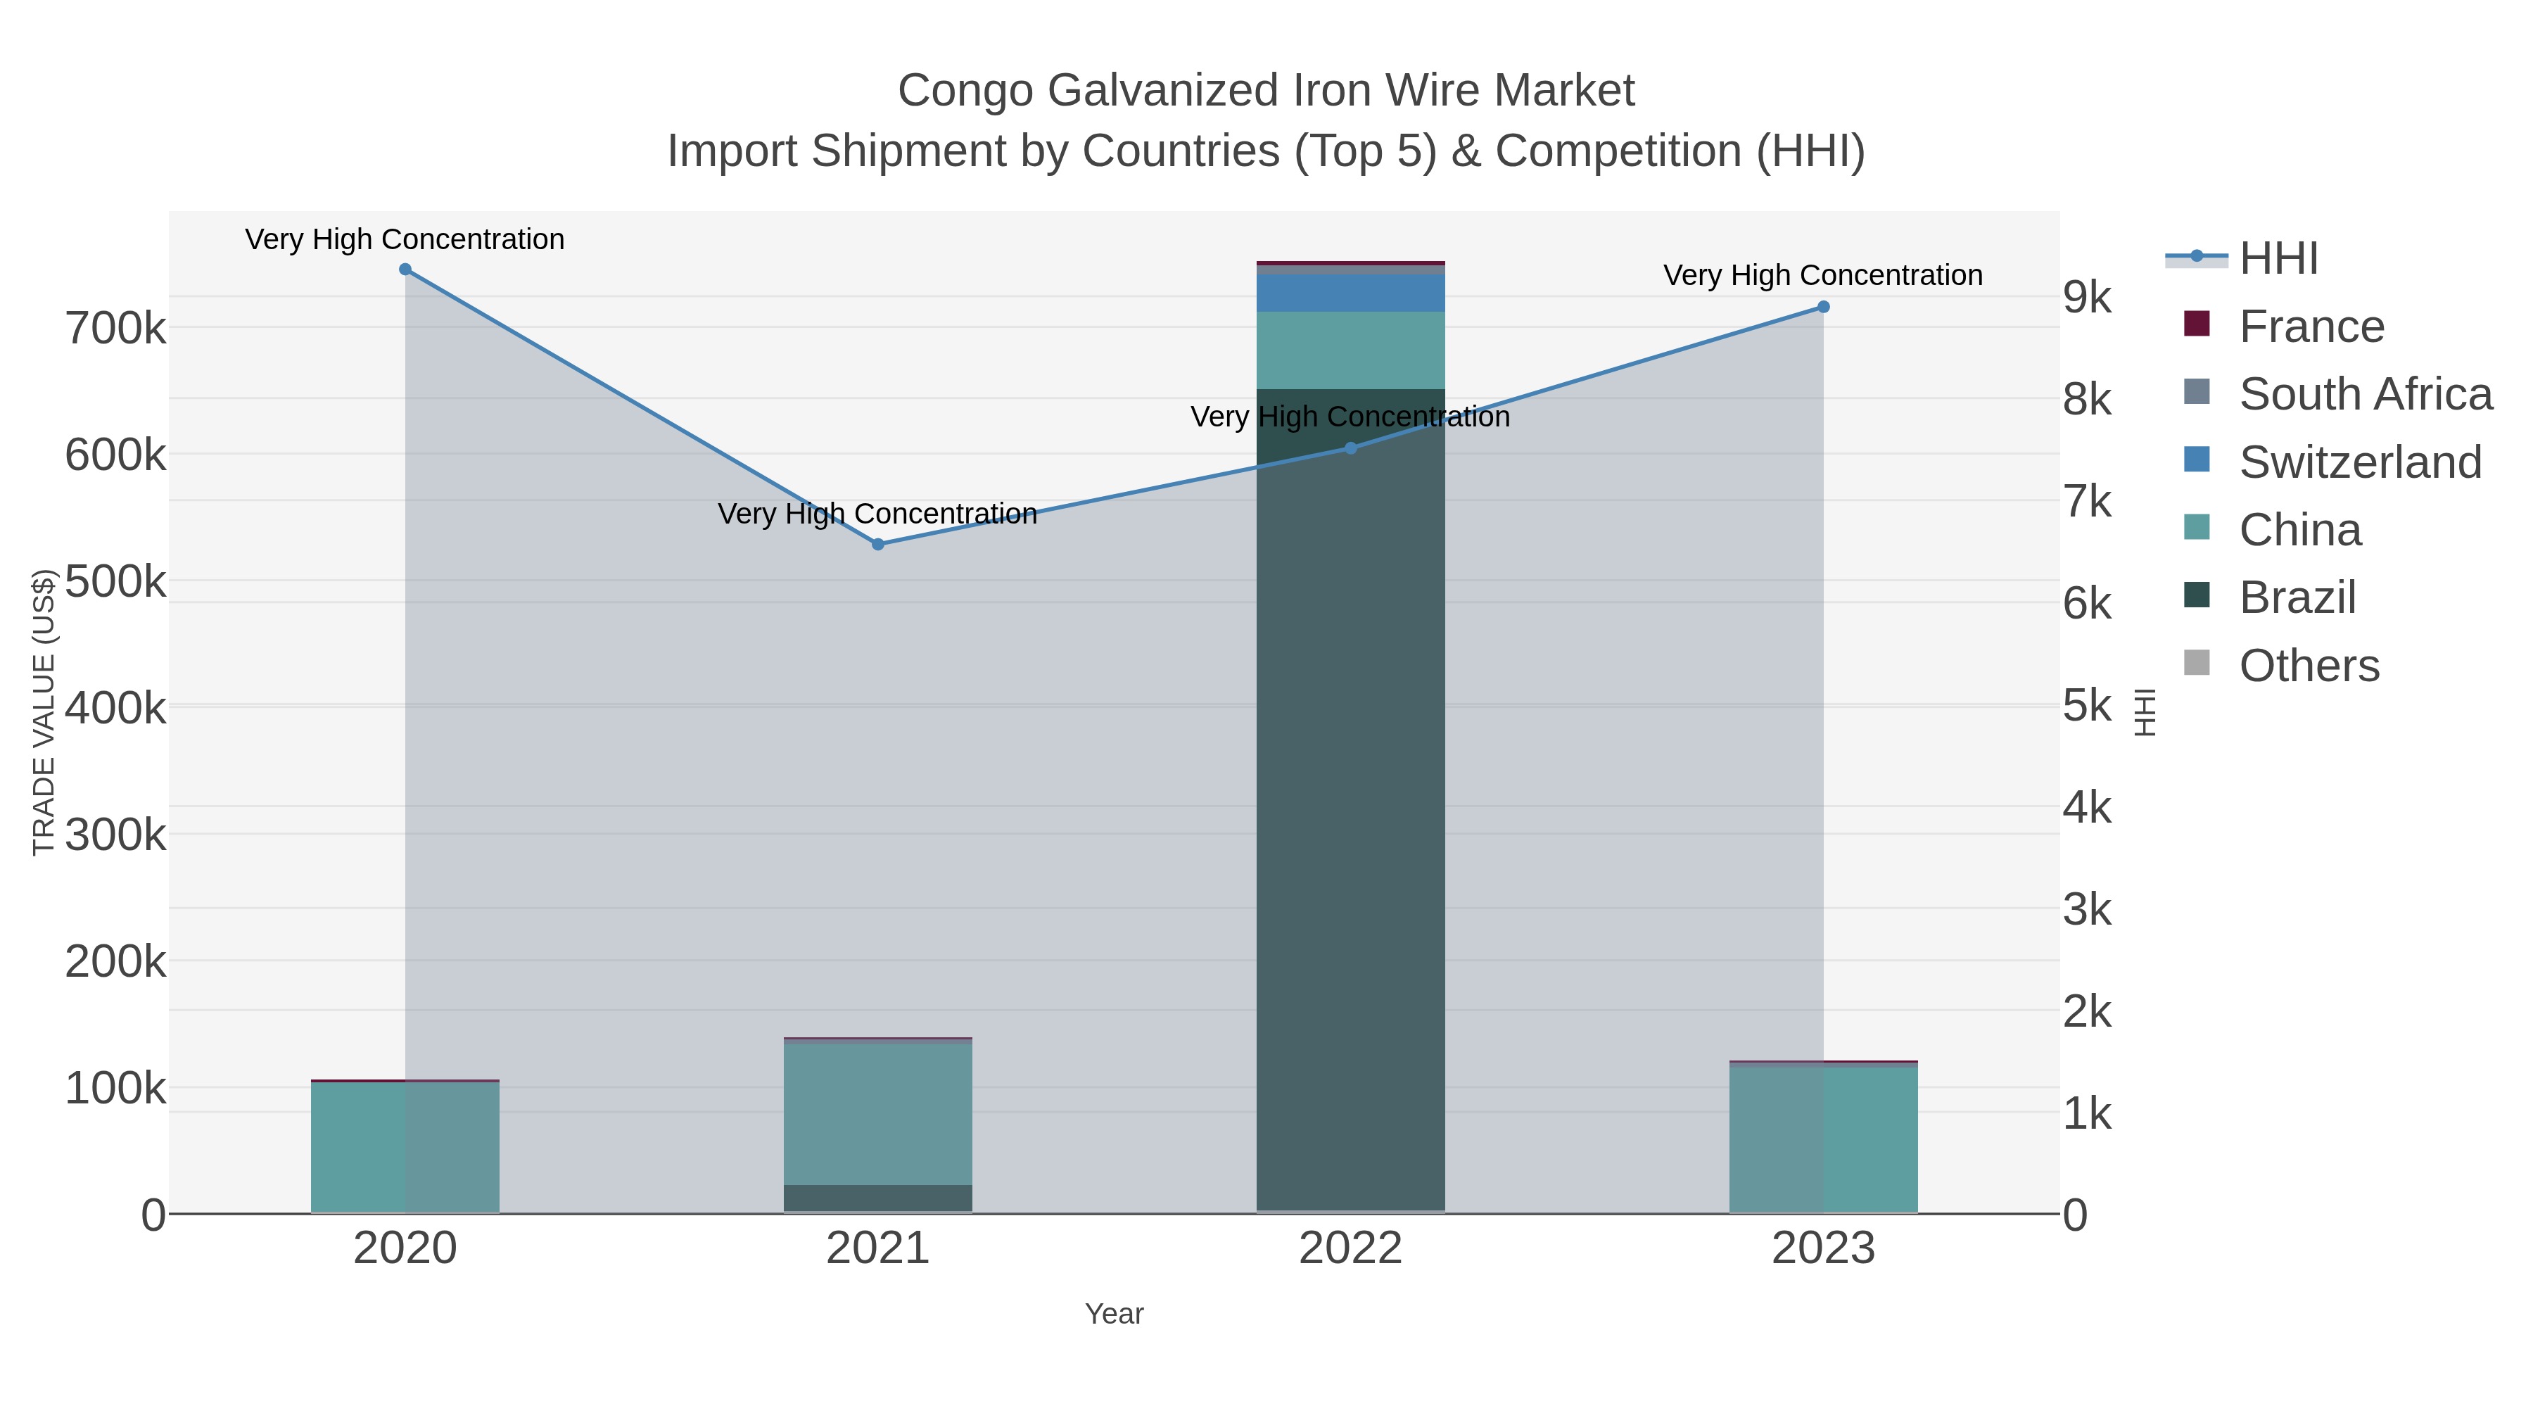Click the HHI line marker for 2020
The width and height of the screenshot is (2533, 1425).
point(405,270)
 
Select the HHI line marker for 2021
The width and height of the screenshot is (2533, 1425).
point(878,544)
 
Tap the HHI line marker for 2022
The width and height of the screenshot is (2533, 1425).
point(1350,448)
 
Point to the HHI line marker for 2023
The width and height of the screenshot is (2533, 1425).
point(1823,307)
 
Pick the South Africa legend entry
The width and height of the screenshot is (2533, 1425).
point(2365,394)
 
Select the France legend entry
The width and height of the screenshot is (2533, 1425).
point(2311,327)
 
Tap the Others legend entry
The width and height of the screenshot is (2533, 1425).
point(2309,666)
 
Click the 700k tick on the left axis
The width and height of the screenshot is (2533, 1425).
point(115,329)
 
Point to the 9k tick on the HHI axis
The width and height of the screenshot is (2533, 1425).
point(2087,297)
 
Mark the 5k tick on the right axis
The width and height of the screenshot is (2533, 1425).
point(2087,706)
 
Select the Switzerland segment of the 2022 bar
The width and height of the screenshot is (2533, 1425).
point(1350,293)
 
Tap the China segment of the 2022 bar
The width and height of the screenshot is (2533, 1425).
point(1350,350)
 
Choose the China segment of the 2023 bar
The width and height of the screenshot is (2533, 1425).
point(1823,1139)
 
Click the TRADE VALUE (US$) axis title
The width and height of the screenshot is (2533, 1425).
point(44,712)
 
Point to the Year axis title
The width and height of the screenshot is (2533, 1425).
point(1114,1314)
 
